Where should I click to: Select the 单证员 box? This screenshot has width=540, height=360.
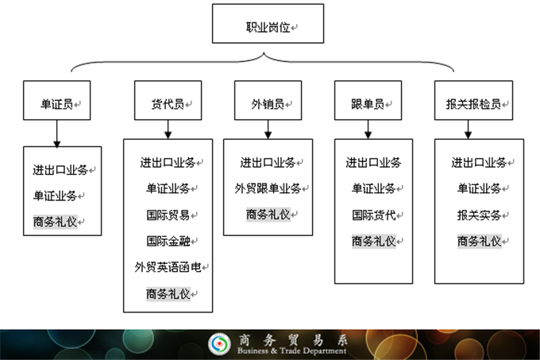click(56, 103)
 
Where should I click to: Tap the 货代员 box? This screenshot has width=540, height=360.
click(167, 103)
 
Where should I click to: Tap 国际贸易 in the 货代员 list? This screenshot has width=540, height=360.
click(167, 215)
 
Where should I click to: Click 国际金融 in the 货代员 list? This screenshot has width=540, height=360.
click(167, 241)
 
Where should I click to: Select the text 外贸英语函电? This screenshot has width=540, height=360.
click(167, 267)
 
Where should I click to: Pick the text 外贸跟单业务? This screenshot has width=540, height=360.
click(267, 188)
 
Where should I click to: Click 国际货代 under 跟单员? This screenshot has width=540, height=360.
click(372, 215)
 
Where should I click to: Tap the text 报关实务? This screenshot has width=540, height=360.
click(479, 215)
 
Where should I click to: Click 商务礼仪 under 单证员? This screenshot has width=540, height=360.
click(56, 221)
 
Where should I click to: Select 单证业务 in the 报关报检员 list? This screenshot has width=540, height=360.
click(479, 188)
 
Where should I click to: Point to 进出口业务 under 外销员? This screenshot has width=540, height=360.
click(267, 162)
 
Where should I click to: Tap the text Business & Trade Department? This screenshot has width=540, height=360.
click(292, 350)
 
